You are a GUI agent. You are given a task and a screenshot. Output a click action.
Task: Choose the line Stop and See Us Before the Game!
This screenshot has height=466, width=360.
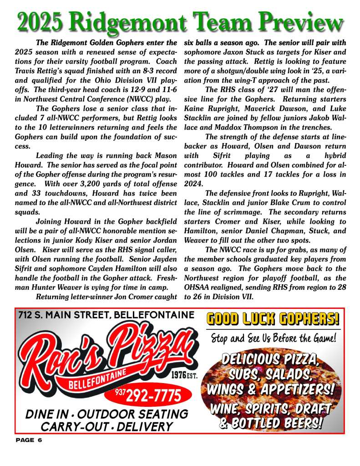pyautogui.click(x=273, y=338)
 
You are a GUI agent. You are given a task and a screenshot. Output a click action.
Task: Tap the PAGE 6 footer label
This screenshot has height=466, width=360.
pyautogui.click(x=29, y=440)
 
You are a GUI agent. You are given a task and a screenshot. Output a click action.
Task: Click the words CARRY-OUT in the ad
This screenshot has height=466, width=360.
pyautogui.click(x=66, y=427)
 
